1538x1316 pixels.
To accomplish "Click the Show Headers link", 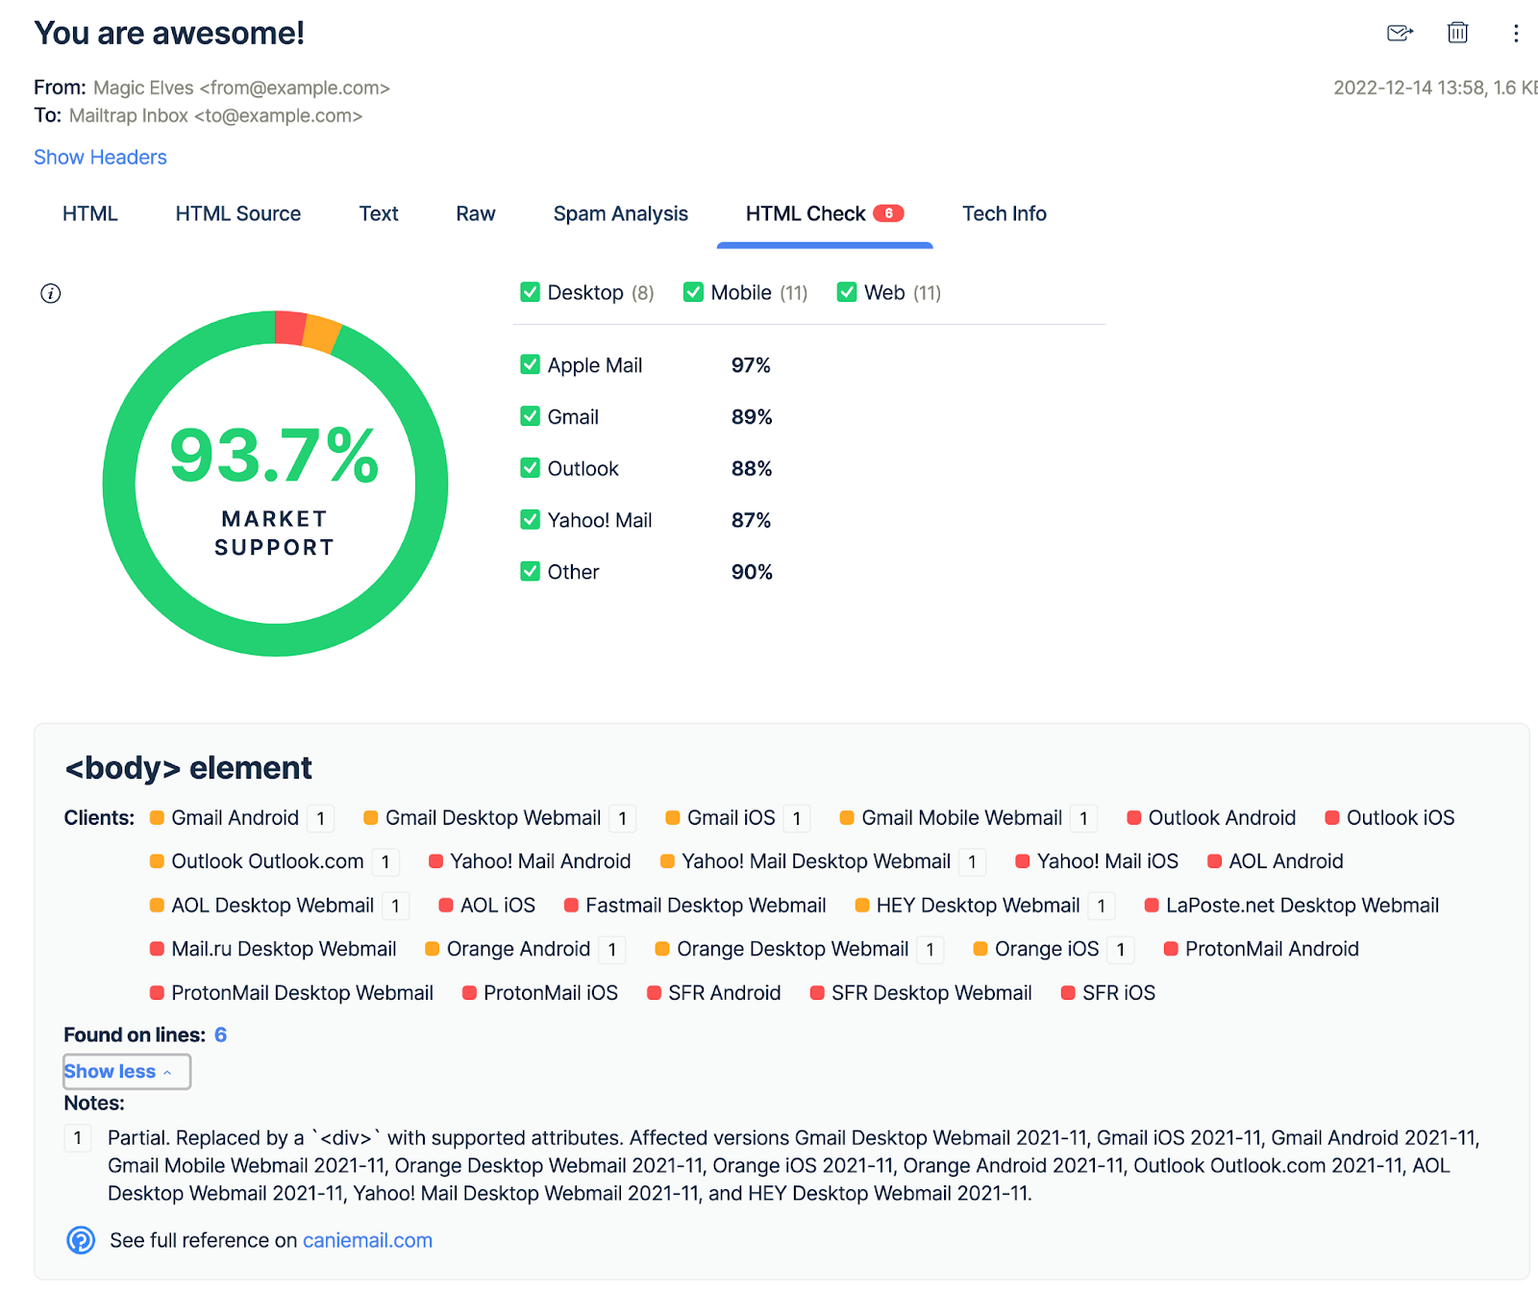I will [100, 158].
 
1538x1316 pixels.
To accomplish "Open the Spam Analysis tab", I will [620, 214].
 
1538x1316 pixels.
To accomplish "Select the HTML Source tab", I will [237, 214].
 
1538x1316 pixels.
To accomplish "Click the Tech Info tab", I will [1004, 214].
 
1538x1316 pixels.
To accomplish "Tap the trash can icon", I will [1457, 33].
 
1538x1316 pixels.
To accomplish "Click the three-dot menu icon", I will [1516, 34].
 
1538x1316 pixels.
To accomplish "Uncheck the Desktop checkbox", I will [530, 292].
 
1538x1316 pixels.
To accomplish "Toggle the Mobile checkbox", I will [693, 292].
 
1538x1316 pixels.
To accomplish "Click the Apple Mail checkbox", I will [530, 365].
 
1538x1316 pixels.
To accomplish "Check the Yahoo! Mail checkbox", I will [530, 520].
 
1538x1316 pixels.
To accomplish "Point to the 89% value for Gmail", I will [751, 417].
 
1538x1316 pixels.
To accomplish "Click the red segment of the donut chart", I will [289, 328].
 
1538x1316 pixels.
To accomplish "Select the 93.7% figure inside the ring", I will [274, 456].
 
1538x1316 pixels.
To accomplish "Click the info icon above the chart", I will [51, 294].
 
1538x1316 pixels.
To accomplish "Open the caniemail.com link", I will [367, 1241].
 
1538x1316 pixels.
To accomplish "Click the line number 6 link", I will [220, 1035].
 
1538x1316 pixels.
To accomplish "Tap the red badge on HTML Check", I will [888, 213].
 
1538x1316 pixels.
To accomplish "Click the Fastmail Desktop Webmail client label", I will [705, 906].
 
